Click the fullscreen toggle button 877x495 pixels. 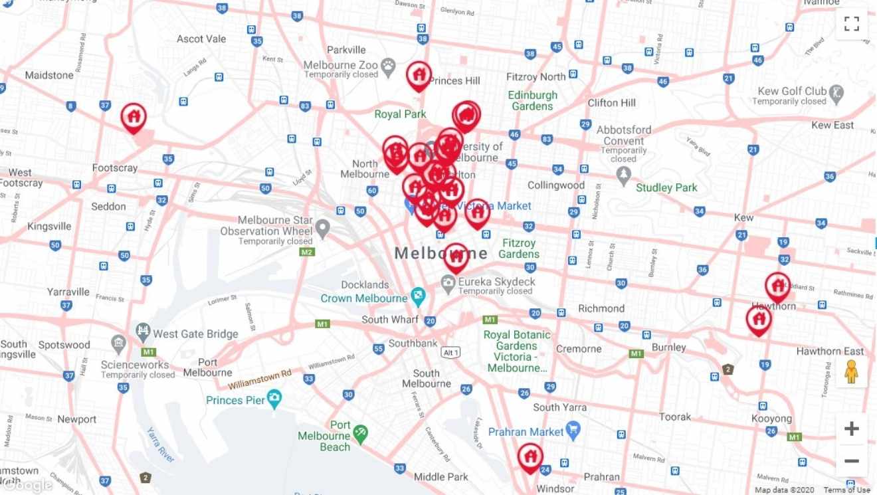coord(851,24)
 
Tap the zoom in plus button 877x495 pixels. coord(851,429)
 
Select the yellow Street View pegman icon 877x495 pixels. coord(851,373)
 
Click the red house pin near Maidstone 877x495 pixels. coord(134,117)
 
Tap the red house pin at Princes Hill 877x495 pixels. coord(419,75)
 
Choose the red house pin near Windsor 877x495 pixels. coord(530,457)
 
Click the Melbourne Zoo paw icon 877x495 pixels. coord(388,66)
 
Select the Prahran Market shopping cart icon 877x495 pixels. coord(573,430)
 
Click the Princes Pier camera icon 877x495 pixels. coord(274,399)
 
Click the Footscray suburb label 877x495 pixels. coord(115,168)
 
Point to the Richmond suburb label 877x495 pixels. coord(601,308)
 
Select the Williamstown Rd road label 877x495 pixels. coord(260,380)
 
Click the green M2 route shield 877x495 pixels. coord(306,252)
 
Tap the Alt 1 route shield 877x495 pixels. coord(451,352)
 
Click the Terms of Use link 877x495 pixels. coord(846,490)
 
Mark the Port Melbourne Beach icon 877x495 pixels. coord(360,433)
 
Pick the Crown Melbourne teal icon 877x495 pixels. coord(418,296)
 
